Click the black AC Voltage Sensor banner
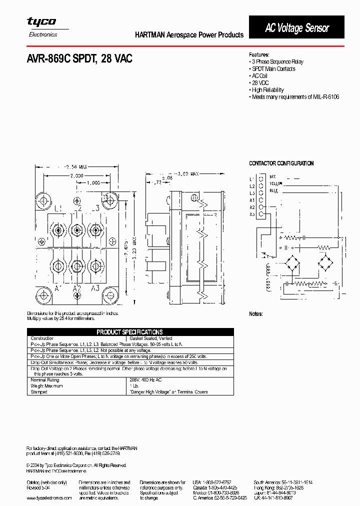pyautogui.click(x=296, y=27)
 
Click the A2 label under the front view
pyautogui.click(x=76, y=288)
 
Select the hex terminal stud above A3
pyautogui.click(x=94, y=264)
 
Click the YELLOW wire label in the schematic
pyautogui.click(x=276, y=183)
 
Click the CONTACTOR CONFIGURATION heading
pyautogui.click(x=281, y=163)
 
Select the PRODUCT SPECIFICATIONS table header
pyautogui.click(x=129, y=332)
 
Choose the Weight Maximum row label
pyautogui.click(x=47, y=386)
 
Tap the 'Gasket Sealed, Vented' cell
pyautogui.click(x=151, y=338)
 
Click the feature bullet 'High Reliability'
pyautogui.click(x=267, y=90)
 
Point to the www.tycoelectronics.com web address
pyautogui.click(x=49, y=498)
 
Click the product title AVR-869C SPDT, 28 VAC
pyautogui.click(x=79, y=59)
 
